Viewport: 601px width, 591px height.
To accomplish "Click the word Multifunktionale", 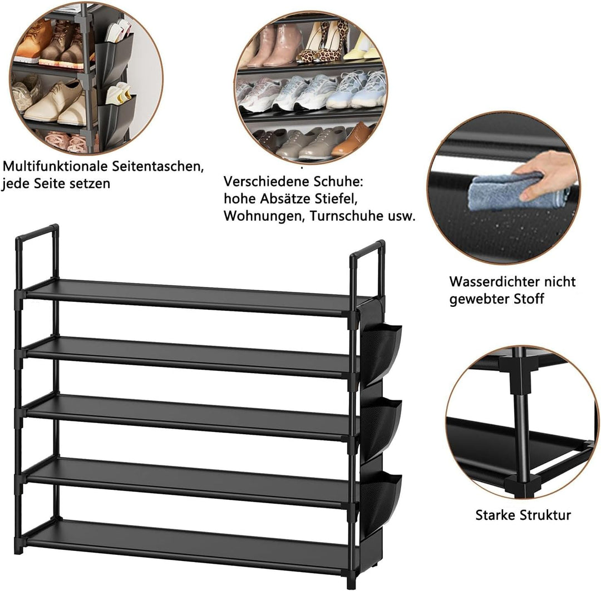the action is (56, 166).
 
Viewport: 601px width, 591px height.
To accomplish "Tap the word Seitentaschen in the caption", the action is (157, 166).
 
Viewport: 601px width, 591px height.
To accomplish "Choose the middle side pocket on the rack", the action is (381, 426).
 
